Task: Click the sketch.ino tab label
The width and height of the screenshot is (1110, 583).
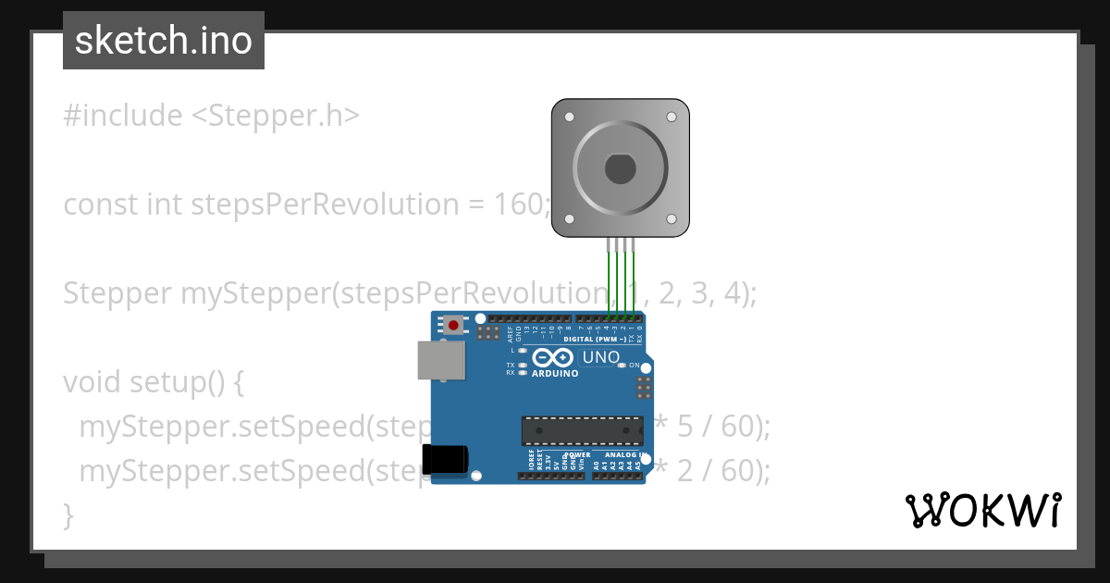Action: tap(164, 41)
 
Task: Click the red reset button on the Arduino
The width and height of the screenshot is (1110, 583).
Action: tap(453, 325)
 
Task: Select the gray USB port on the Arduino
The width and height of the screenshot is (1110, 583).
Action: tap(441, 360)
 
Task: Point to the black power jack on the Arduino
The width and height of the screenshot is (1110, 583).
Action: tap(445, 460)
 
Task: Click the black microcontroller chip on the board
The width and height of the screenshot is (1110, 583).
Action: tap(582, 430)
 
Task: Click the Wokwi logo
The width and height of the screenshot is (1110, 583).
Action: tap(982, 510)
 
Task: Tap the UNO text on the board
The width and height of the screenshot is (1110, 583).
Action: tap(600, 357)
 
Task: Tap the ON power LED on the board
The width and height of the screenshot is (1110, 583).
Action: tap(622, 366)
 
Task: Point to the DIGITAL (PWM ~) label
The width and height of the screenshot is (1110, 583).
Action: tap(601, 339)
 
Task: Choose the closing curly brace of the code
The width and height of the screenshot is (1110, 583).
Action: tap(68, 514)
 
